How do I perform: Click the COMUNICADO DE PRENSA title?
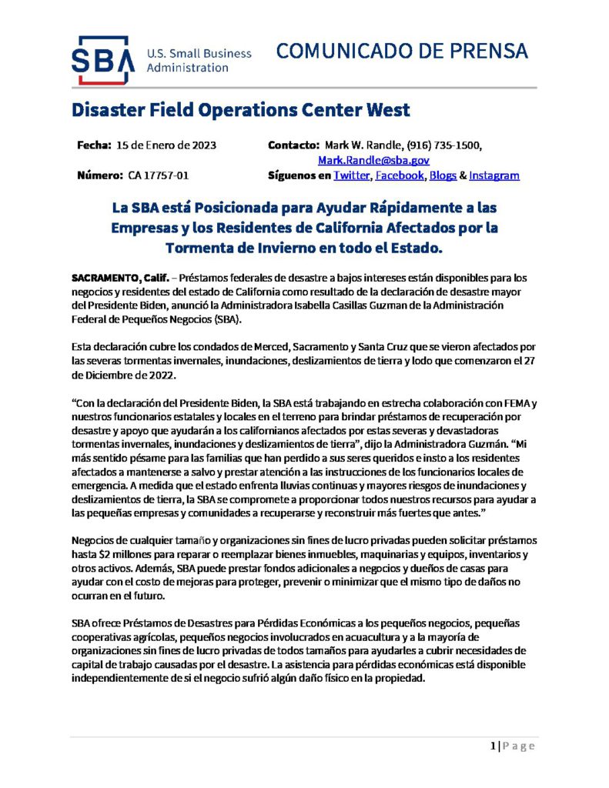[402, 51]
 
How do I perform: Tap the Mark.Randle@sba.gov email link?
[373, 160]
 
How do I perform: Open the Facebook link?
[400, 175]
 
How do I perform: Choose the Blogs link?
[443, 175]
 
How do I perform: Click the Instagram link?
[494, 175]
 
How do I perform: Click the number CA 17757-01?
[159, 175]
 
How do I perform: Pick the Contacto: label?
[293, 145]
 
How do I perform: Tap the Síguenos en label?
[299, 175]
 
